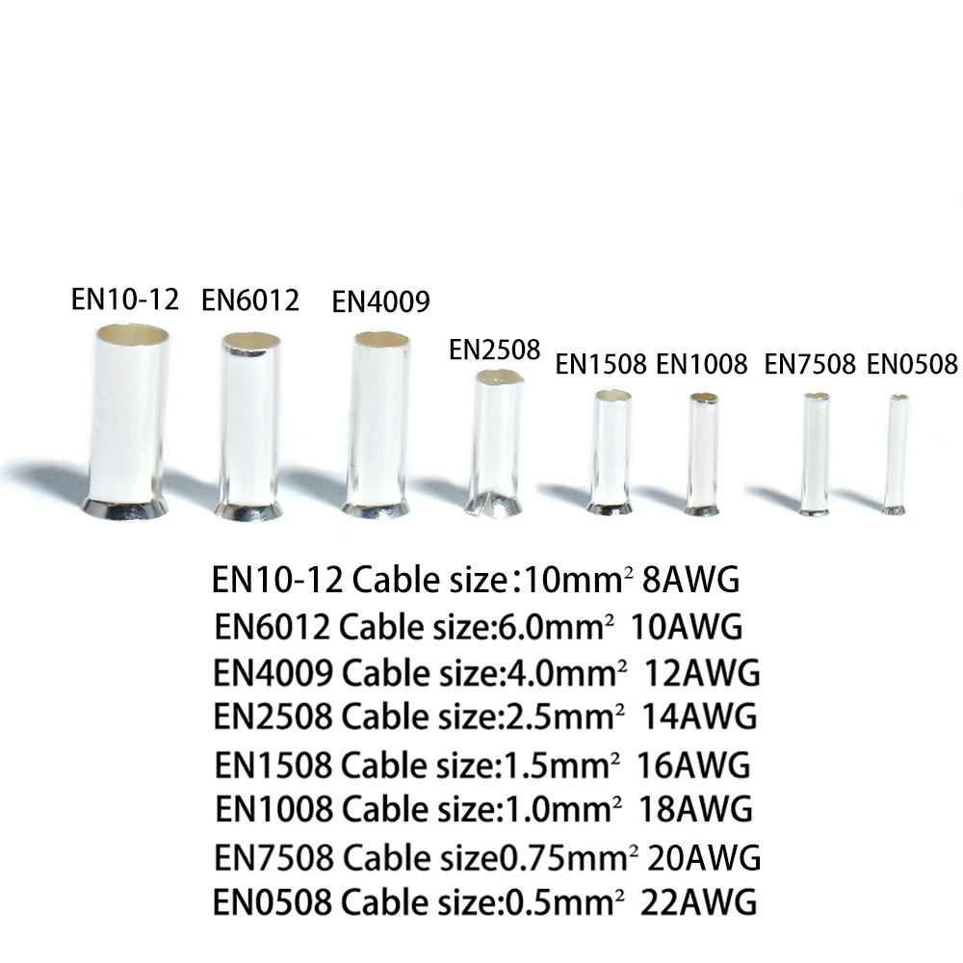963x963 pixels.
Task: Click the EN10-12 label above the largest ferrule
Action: (x=125, y=299)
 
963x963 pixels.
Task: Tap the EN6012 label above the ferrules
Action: (x=250, y=300)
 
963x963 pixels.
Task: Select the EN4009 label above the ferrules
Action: (x=380, y=302)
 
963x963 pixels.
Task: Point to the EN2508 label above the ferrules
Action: (x=495, y=350)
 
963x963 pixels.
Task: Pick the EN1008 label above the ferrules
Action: (x=701, y=364)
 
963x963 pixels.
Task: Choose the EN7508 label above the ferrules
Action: (x=810, y=364)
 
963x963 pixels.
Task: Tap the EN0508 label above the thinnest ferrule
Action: (x=912, y=364)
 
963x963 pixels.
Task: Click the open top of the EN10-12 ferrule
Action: (x=131, y=335)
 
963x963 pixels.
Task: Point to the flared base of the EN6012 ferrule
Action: (x=249, y=510)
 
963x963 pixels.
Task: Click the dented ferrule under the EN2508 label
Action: (x=497, y=443)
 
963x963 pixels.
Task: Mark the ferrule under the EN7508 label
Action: (x=816, y=453)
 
